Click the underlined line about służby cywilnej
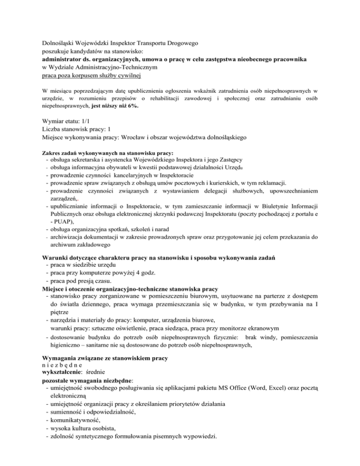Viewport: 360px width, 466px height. pyautogui.click(x=92, y=75)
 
